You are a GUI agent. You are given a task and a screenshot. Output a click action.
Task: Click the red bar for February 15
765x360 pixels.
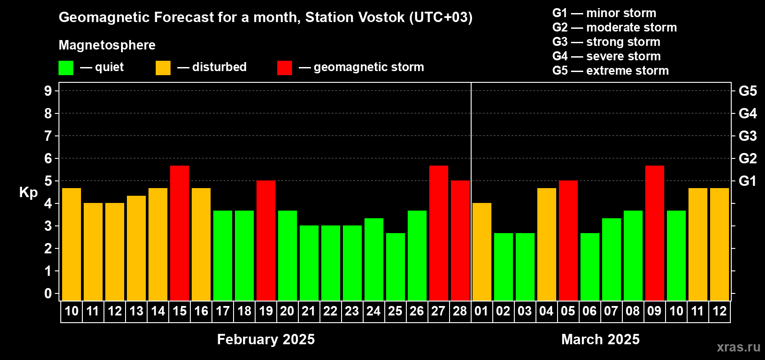click(180, 233)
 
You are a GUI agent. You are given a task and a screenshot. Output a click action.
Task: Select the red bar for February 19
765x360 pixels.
click(266, 240)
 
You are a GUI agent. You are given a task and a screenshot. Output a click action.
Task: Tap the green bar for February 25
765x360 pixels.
click(396, 267)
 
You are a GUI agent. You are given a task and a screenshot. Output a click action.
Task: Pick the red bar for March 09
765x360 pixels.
click(655, 233)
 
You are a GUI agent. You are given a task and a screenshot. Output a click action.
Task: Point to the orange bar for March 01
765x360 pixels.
click(482, 252)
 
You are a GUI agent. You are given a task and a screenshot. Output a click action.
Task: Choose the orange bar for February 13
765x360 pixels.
click(136, 248)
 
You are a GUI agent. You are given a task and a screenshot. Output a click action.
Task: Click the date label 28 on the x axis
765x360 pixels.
click(460, 311)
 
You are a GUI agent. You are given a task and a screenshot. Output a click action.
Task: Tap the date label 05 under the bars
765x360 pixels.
click(568, 311)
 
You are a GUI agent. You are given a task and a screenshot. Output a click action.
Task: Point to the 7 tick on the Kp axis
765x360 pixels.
click(48, 136)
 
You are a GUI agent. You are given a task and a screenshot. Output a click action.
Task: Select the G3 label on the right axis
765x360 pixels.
click(747, 136)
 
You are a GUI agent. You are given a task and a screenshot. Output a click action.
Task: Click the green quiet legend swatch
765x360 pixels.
click(66, 67)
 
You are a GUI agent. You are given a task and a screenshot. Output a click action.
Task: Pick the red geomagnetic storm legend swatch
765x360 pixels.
click(285, 67)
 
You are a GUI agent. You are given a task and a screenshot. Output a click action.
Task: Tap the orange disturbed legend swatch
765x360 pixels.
click(163, 67)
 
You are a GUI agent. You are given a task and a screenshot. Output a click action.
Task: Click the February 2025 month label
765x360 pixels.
click(266, 339)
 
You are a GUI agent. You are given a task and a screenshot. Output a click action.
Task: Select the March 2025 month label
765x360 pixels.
click(600, 339)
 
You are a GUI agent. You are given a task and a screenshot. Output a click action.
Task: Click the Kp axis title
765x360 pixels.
click(28, 193)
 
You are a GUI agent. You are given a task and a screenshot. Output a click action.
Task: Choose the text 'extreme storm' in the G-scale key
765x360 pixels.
click(627, 71)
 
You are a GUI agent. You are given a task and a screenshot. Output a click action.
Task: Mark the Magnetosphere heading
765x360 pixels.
click(107, 45)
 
